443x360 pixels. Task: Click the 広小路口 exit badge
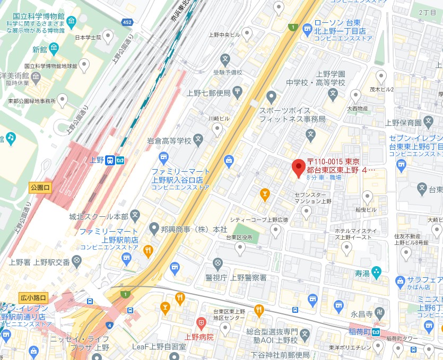pos(33,297)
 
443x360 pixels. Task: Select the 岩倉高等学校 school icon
pos(198,141)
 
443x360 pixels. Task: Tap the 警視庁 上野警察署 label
pos(236,277)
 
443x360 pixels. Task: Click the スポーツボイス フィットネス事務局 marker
pos(272,97)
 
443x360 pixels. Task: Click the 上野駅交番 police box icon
pos(77,260)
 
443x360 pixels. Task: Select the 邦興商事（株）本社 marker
pos(152,229)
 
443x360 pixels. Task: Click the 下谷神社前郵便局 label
pos(280,355)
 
